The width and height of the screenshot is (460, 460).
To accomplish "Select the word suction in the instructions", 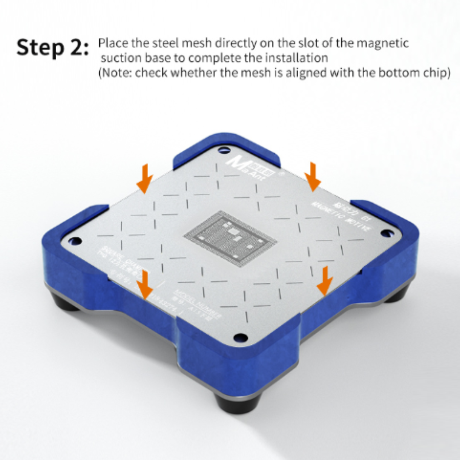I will point(119,57).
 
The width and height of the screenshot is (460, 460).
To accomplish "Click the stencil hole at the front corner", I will point(241,337).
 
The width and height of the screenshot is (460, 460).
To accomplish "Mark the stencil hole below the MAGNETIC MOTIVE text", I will point(386,233).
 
